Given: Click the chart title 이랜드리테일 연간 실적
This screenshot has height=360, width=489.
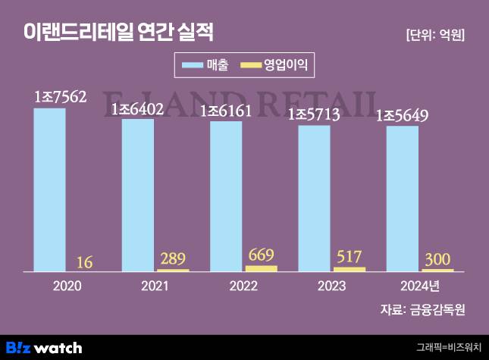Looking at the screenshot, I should tap(118, 32).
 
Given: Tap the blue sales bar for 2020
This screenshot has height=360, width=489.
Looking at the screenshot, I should tap(49, 189).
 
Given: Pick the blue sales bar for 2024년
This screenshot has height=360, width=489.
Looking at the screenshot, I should tap(403, 198).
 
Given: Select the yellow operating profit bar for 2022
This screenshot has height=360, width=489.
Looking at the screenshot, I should tap(262, 268).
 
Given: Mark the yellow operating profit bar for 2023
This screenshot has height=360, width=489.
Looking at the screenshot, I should tap(350, 269).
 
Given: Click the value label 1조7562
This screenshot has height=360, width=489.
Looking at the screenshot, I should tap(61, 97).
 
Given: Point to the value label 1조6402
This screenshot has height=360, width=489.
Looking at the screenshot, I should tap(149, 109).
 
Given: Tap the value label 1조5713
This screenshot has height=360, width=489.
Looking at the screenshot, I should tap(325, 115).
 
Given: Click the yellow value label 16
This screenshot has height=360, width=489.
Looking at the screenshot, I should tap(85, 262).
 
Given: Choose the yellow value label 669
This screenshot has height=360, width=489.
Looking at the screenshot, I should tap(261, 255).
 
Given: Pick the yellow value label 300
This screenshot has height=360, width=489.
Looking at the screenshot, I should tap(437, 258).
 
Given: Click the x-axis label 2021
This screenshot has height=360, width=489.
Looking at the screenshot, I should tap(156, 286).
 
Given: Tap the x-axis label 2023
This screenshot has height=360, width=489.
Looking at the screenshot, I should tap(332, 286).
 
